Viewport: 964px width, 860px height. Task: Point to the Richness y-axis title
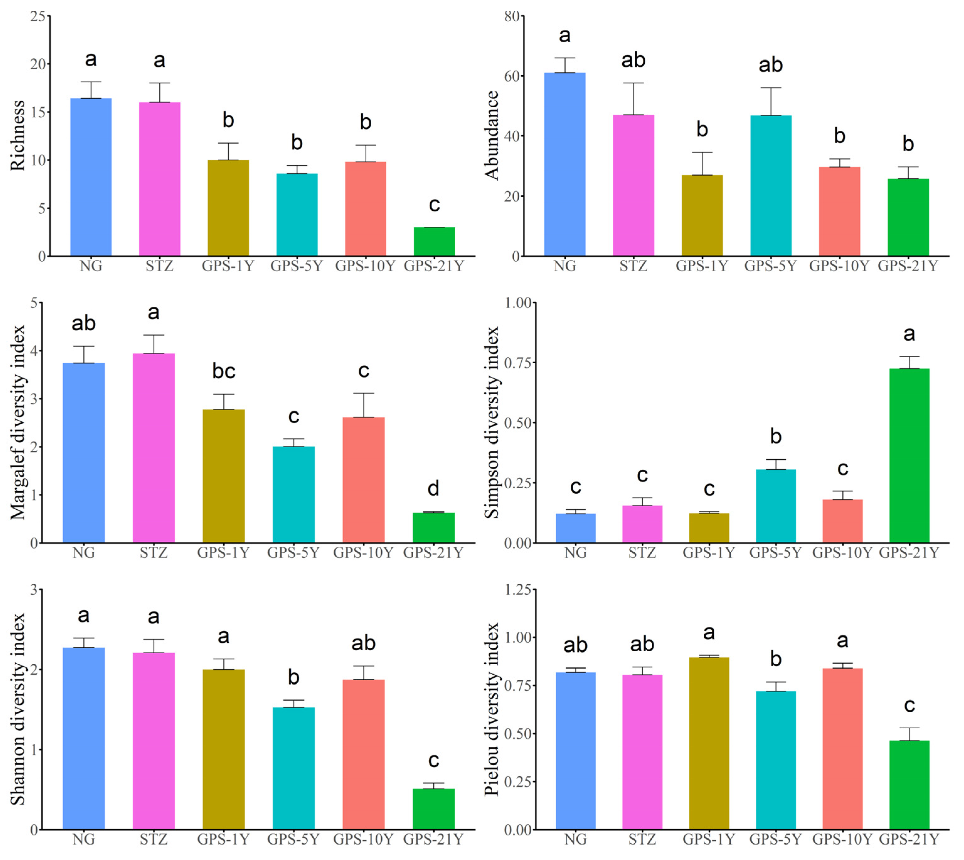click(18, 135)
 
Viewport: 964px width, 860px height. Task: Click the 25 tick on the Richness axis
click(38, 17)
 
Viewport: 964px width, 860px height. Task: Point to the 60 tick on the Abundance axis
click(512, 76)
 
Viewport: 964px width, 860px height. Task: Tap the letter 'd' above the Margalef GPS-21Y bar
click(433, 488)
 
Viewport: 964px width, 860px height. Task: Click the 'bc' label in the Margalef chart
click(224, 371)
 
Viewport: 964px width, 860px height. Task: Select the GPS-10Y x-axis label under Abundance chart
click(839, 266)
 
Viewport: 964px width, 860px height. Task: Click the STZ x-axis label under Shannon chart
click(154, 839)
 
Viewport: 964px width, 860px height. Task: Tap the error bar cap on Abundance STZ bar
click(633, 83)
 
